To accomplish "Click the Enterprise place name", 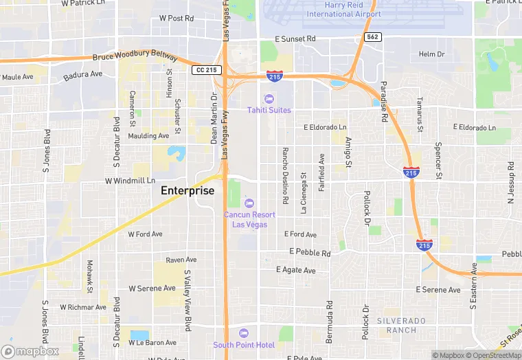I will click(x=188, y=190).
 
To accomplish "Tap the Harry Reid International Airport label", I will click(x=343, y=10).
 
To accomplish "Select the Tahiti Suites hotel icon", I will click(x=269, y=98).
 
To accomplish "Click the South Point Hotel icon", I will click(x=244, y=333).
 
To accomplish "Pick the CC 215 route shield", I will click(x=206, y=70).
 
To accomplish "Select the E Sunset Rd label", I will click(x=295, y=39).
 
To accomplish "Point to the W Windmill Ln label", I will click(x=130, y=181).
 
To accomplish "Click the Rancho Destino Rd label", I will click(x=284, y=175).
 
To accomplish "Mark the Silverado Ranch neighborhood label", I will click(x=401, y=325).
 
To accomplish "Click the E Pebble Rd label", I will click(x=310, y=253).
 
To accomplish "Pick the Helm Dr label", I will click(x=432, y=54).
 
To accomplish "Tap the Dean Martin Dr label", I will click(x=214, y=124).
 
